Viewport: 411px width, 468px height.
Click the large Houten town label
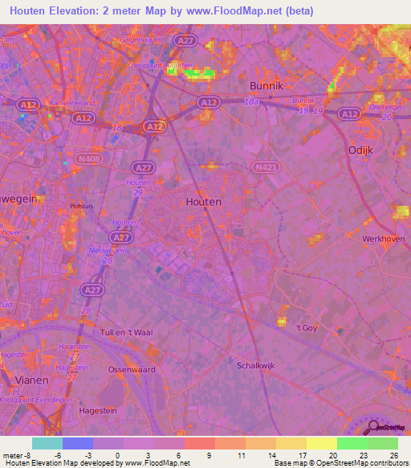pos(203,202)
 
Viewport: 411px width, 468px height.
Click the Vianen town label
pos(31,379)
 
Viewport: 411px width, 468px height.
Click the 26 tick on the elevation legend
pos(393,454)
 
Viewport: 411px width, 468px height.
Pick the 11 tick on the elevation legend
pos(241,454)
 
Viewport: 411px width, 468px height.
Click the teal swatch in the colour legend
pos(47,443)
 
